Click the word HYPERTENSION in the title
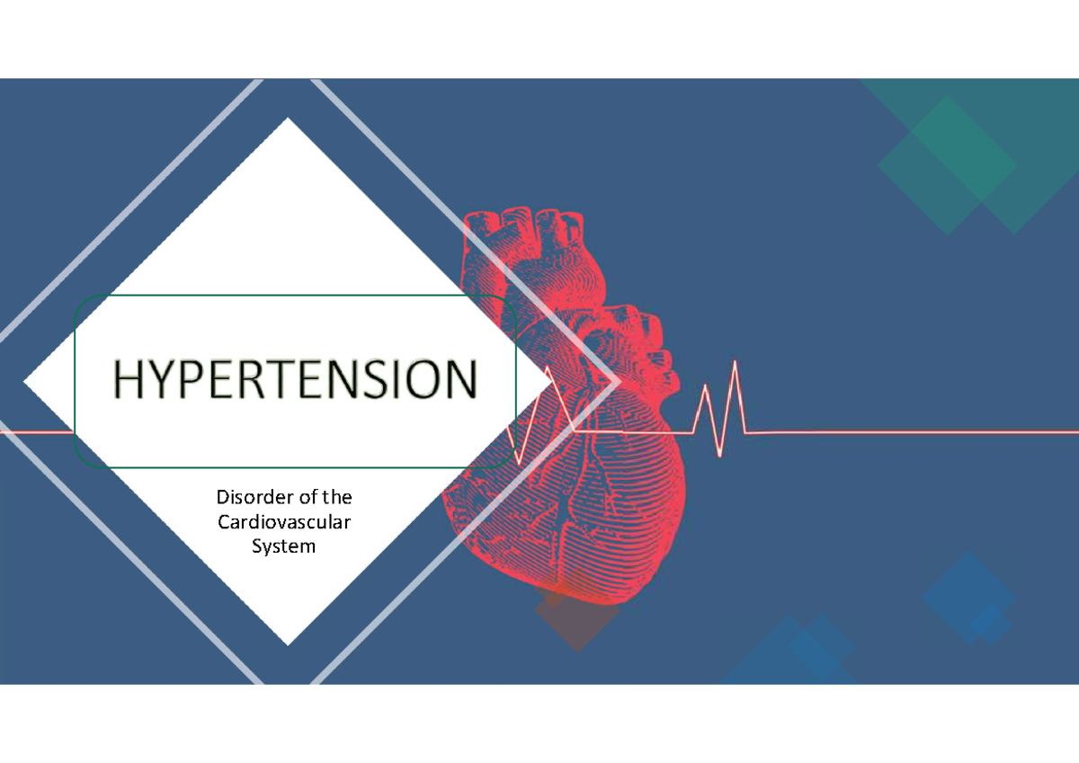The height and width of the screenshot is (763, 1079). (x=294, y=380)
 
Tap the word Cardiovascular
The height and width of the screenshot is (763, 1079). (x=284, y=521)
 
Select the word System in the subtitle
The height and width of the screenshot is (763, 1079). (x=284, y=546)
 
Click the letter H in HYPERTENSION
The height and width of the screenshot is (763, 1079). (x=129, y=380)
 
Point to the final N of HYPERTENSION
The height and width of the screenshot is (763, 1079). (x=459, y=380)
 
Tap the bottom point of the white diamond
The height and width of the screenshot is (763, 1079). (x=289, y=643)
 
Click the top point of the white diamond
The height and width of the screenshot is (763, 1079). (x=289, y=120)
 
